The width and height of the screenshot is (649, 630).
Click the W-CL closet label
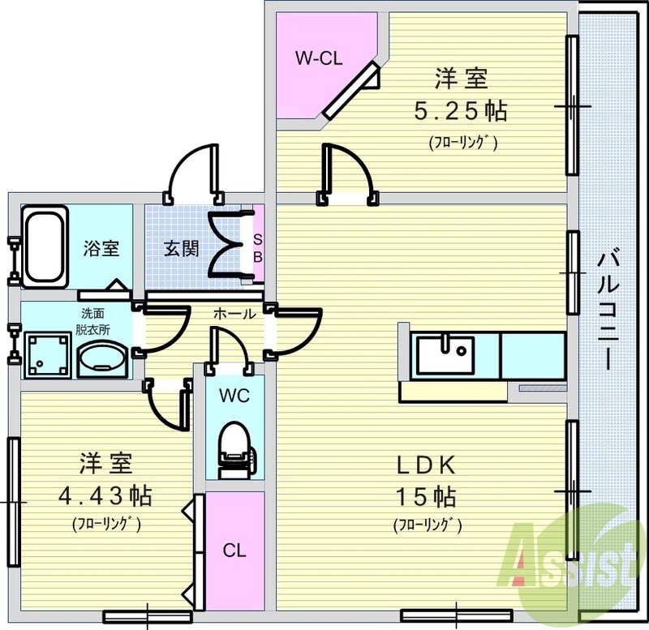click(319, 58)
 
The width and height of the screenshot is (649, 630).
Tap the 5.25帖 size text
click(461, 111)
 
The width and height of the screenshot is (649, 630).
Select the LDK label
click(427, 465)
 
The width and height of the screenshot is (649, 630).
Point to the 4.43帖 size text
click(105, 495)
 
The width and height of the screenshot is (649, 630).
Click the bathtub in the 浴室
click(45, 246)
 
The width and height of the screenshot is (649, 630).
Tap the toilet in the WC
click(238, 450)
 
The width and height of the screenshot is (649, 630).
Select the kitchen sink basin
click(445, 355)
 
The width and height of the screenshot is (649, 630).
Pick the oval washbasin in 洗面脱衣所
click(102, 359)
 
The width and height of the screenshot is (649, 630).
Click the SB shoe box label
click(257, 248)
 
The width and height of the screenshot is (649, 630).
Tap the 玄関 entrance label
click(181, 249)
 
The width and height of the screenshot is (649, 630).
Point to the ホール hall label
click(234, 314)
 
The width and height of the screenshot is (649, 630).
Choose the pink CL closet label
click(234, 551)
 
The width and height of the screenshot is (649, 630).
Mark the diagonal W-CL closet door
click(351, 89)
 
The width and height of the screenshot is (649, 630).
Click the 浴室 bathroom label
click(101, 248)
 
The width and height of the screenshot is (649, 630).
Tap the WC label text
click(234, 396)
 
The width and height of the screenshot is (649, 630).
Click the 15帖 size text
click(427, 496)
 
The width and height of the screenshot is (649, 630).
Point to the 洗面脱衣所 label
click(92, 322)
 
